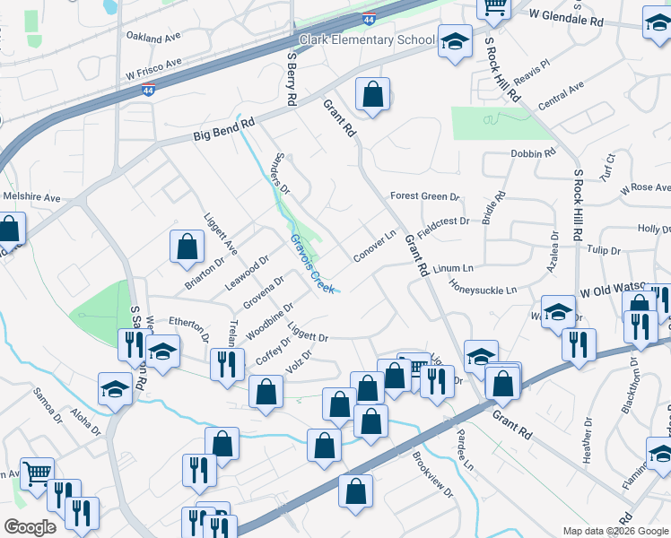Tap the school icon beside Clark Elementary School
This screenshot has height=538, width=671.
(455, 41)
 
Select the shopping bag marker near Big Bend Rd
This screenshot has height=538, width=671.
(372, 94)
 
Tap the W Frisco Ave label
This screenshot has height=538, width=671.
(153, 68)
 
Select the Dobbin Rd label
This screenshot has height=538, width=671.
(533, 153)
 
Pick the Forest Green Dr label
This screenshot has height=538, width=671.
(424, 196)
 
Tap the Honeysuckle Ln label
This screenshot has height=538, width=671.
(484, 290)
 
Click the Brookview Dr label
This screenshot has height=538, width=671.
(433, 474)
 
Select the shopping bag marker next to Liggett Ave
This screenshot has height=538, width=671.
(186, 247)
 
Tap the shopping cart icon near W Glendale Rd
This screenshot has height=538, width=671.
(494, 7)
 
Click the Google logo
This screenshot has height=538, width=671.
(30, 527)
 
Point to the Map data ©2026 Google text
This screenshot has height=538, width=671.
(614, 531)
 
